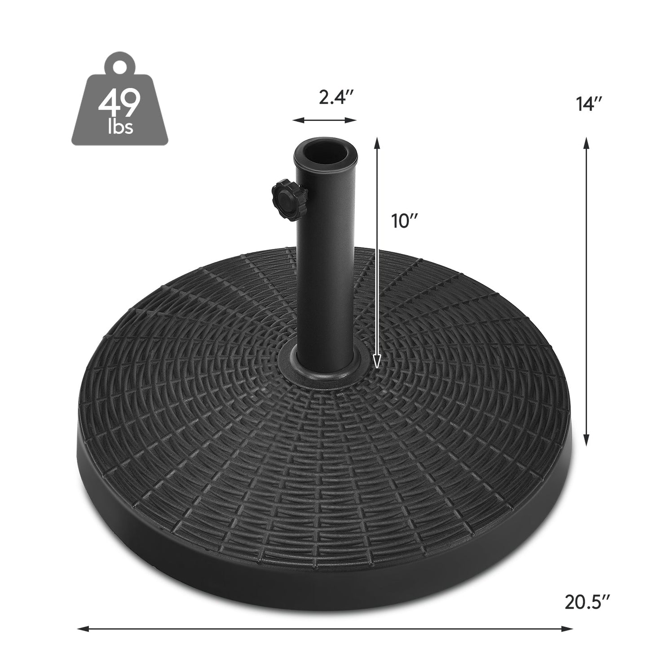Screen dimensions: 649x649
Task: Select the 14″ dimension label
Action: click(588, 104)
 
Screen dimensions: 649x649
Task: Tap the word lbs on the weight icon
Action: click(120, 127)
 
